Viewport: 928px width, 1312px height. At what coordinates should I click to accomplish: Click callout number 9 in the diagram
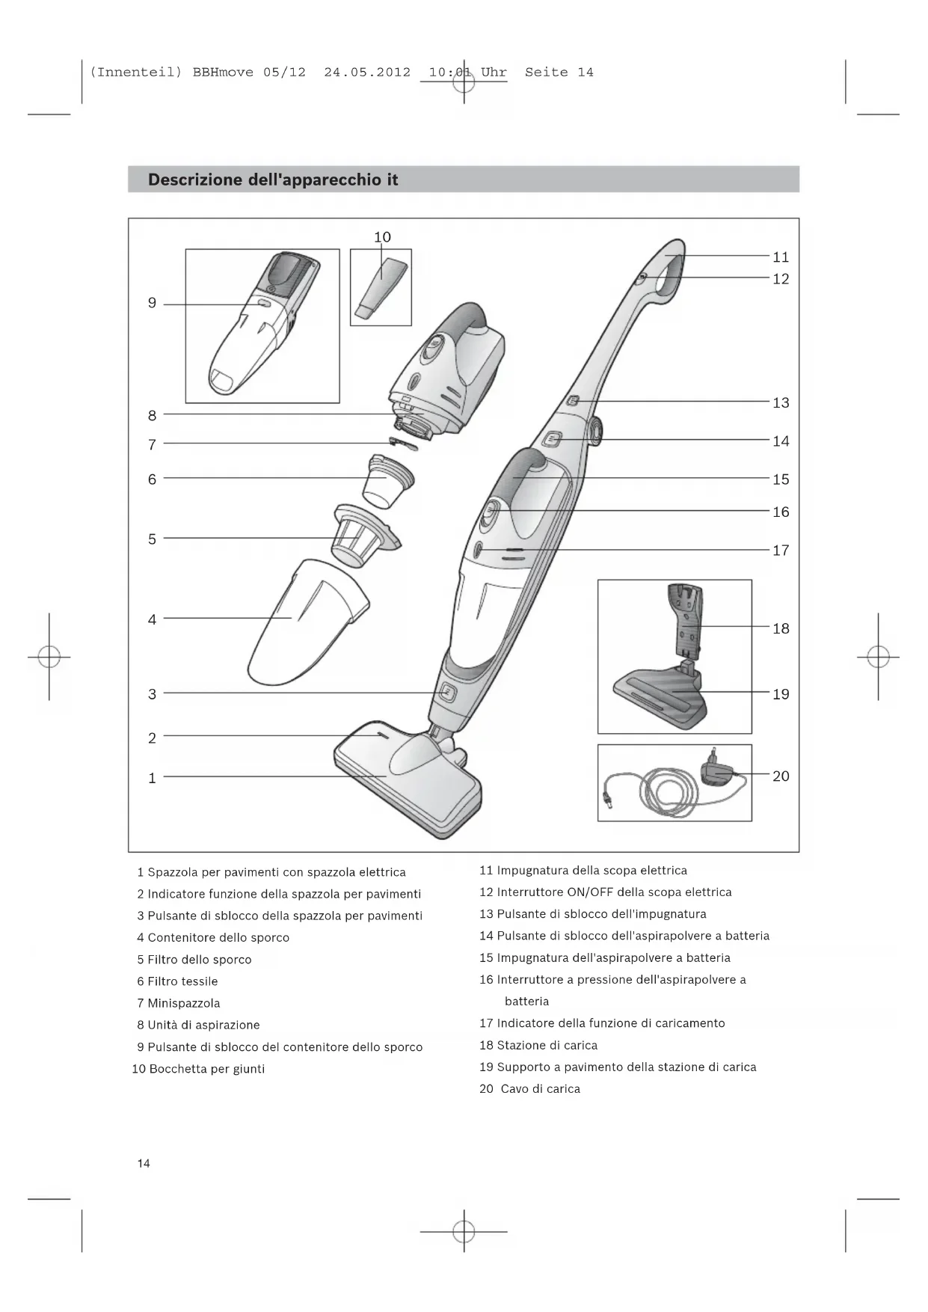(152, 303)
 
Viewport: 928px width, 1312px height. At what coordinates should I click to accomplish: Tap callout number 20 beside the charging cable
(781, 776)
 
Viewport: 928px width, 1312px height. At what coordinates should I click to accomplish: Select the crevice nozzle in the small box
(382, 288)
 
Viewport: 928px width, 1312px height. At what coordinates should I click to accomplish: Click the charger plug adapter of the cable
(716, 770)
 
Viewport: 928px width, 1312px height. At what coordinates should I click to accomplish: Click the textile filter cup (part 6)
(385, 482)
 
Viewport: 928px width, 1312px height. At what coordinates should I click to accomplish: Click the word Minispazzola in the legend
(183, 1003)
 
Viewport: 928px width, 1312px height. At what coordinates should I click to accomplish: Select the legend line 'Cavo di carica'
(540, 1089)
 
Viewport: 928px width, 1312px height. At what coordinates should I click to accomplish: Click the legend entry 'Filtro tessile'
(182, 981)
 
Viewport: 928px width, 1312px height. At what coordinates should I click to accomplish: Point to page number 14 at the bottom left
(144, 1163)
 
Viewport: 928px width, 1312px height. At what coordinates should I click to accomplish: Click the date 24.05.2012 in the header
(367, 73)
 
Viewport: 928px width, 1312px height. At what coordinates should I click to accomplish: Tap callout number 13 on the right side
(781, 403)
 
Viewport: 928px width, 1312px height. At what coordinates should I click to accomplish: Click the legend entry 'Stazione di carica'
(547, 1046)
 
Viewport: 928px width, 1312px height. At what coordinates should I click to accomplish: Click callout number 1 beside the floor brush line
(152, 778)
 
